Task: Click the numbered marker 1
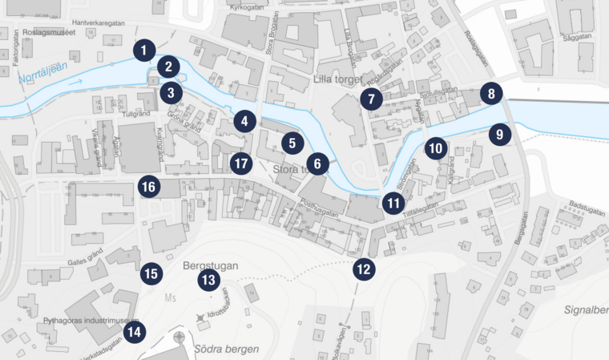coord(143,51)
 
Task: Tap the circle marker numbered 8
coord(491,94)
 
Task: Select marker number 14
coord(135,331)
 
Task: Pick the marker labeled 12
coord(364,269)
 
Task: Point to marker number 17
coord(240,164)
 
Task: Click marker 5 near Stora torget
coord(292,144)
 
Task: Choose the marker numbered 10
coord(435,148)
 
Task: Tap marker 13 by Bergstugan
coord(209,280)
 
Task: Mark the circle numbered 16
coord(147,187)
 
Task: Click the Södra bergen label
coord(226,349)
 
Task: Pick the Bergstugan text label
coord(208,263)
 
